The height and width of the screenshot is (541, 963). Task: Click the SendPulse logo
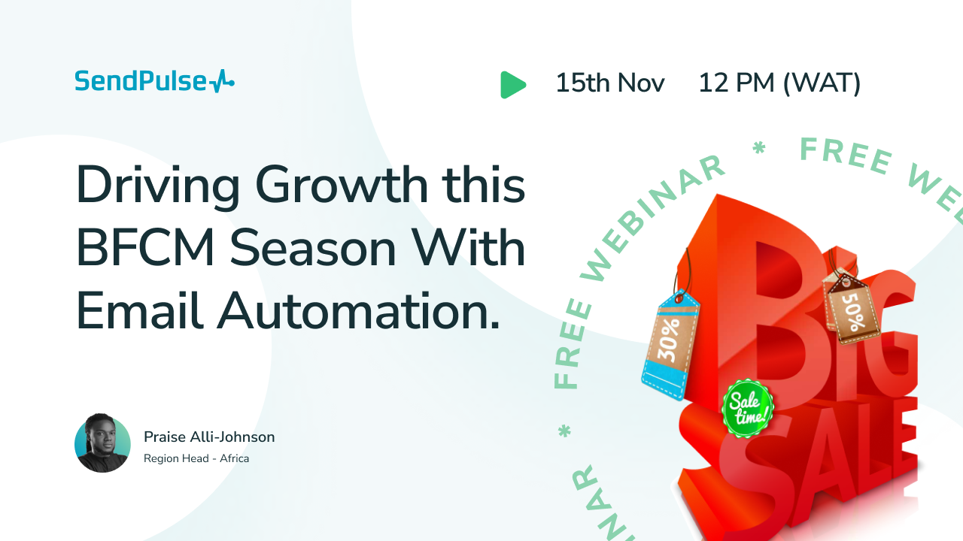pos(155,81)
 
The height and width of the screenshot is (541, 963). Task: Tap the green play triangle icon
pos(513,85)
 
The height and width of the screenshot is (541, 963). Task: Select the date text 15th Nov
pos(610,83)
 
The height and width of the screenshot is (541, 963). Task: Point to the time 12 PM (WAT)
pos(779,83)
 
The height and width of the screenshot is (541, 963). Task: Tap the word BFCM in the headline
pos(145,248)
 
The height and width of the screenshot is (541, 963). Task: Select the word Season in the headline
pos(312,248)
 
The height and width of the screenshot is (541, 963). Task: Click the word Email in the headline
pos(140,310)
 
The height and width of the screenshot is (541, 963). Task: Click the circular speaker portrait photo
pos(102,443)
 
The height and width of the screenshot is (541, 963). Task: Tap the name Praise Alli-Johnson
pos(209,437)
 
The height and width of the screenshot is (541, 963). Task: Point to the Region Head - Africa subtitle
pos(196,458)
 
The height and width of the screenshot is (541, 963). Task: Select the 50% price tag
pos(851,308)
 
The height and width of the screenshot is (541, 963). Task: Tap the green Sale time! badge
pos(747,408)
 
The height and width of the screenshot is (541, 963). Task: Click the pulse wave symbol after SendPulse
pos(222,81)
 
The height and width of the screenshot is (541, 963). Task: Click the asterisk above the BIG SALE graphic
pos(759,148)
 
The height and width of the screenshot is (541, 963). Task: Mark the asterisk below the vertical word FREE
pos(564,431)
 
